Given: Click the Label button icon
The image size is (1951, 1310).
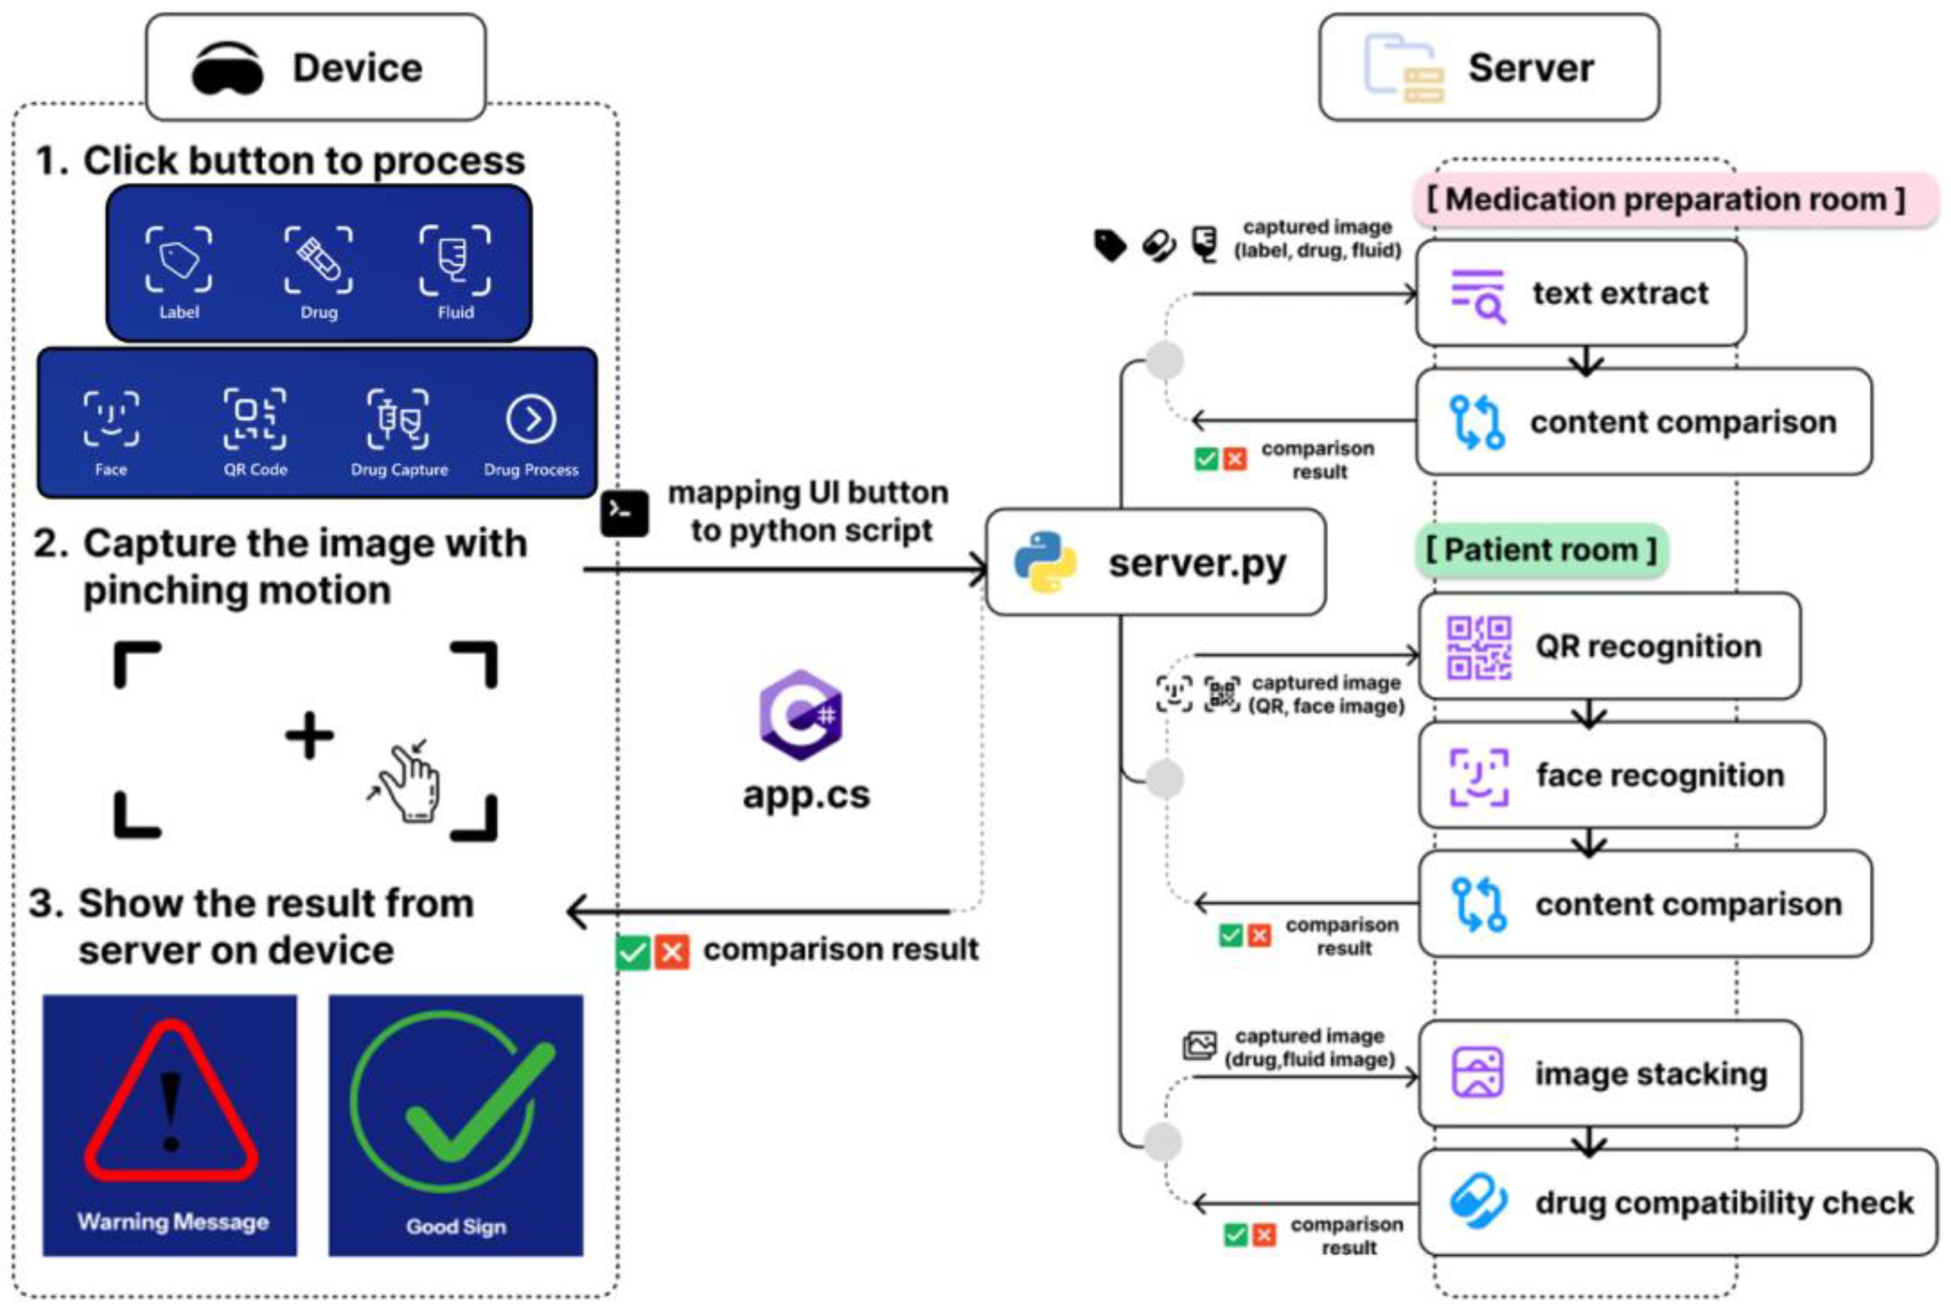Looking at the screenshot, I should (179, 260).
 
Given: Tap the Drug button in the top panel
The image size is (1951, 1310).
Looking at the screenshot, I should (318, 260).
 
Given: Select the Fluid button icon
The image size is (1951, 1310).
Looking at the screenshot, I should (455, 260).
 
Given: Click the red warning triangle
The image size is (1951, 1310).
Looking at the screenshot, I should (171, 1101).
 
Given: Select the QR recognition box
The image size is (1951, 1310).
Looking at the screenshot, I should (1609, 646).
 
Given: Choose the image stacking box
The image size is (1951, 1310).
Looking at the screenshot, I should (1609, 1074).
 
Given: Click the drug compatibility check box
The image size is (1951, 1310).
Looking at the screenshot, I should (1677, 1202).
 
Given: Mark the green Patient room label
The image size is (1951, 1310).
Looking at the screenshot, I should (1541, 550).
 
